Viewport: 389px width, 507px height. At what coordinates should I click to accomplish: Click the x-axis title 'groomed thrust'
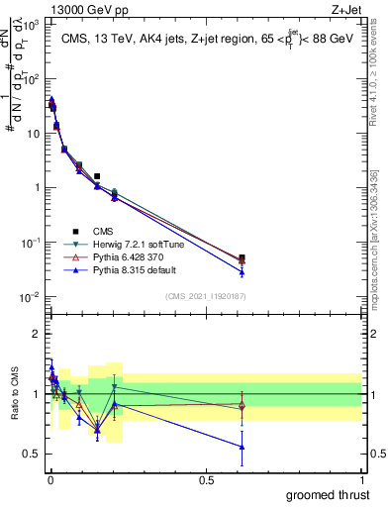(x=327, y=494)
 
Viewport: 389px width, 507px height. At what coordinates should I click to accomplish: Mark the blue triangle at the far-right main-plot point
(x=242, y=271)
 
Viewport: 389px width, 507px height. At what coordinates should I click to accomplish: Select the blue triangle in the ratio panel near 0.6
(x=242, y=447)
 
